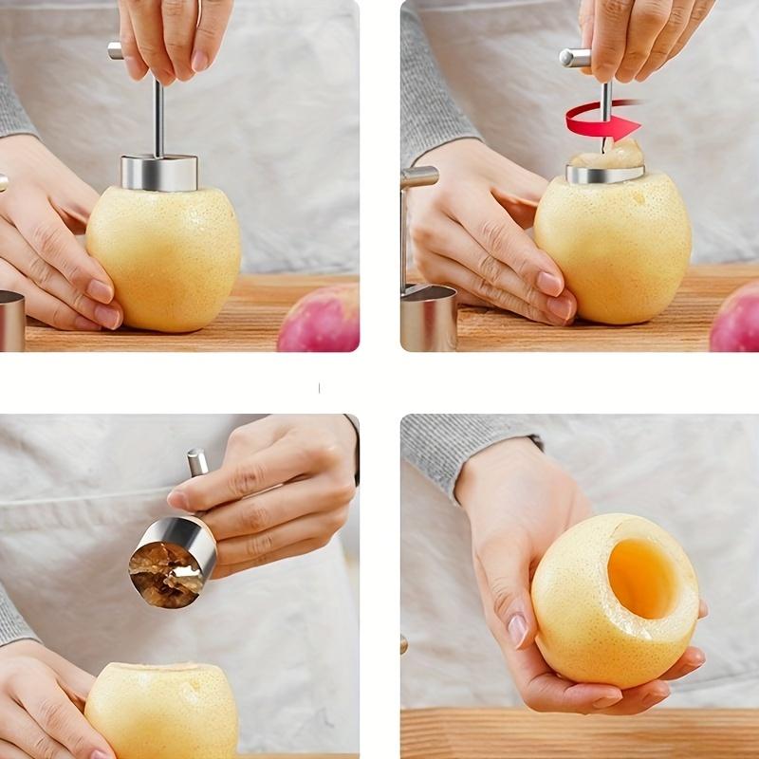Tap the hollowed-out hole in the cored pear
(x=641, y=576)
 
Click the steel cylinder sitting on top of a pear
(x=159, y=172)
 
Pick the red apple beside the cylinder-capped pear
(x=321, y=321)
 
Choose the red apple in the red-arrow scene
(x=735, y=318)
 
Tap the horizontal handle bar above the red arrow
(x=574, y=57)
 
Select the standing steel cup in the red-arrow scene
(x=428, y=317)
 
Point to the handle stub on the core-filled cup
(x=197, y=463)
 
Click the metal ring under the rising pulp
(x=604, y=174)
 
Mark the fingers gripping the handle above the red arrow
(x=645, y=38)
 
